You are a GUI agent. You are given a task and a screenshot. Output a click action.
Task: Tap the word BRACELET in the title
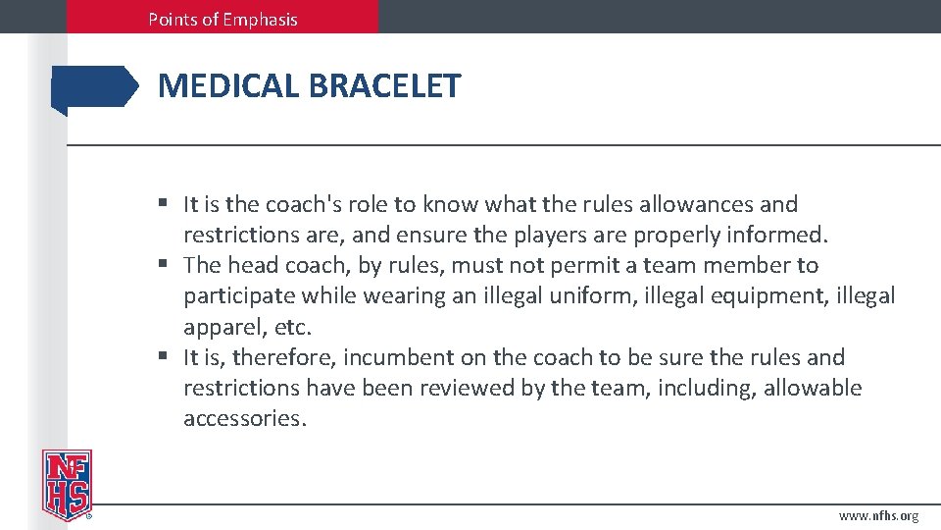pyautogui.click(x=384, y=86)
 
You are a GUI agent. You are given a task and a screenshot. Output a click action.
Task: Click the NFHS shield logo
pyautogui.click(x=66, y=484)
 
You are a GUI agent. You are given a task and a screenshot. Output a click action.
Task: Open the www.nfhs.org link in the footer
pyautogui.click(x=879, y=516)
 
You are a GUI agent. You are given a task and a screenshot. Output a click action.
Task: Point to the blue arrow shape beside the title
pyautogui.click(x=95, y=87)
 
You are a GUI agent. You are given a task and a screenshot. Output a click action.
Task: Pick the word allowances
pyautogui.click(x=697, y=204)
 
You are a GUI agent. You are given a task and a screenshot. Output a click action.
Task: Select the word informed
pyautogui.click(x=779, y=235)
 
